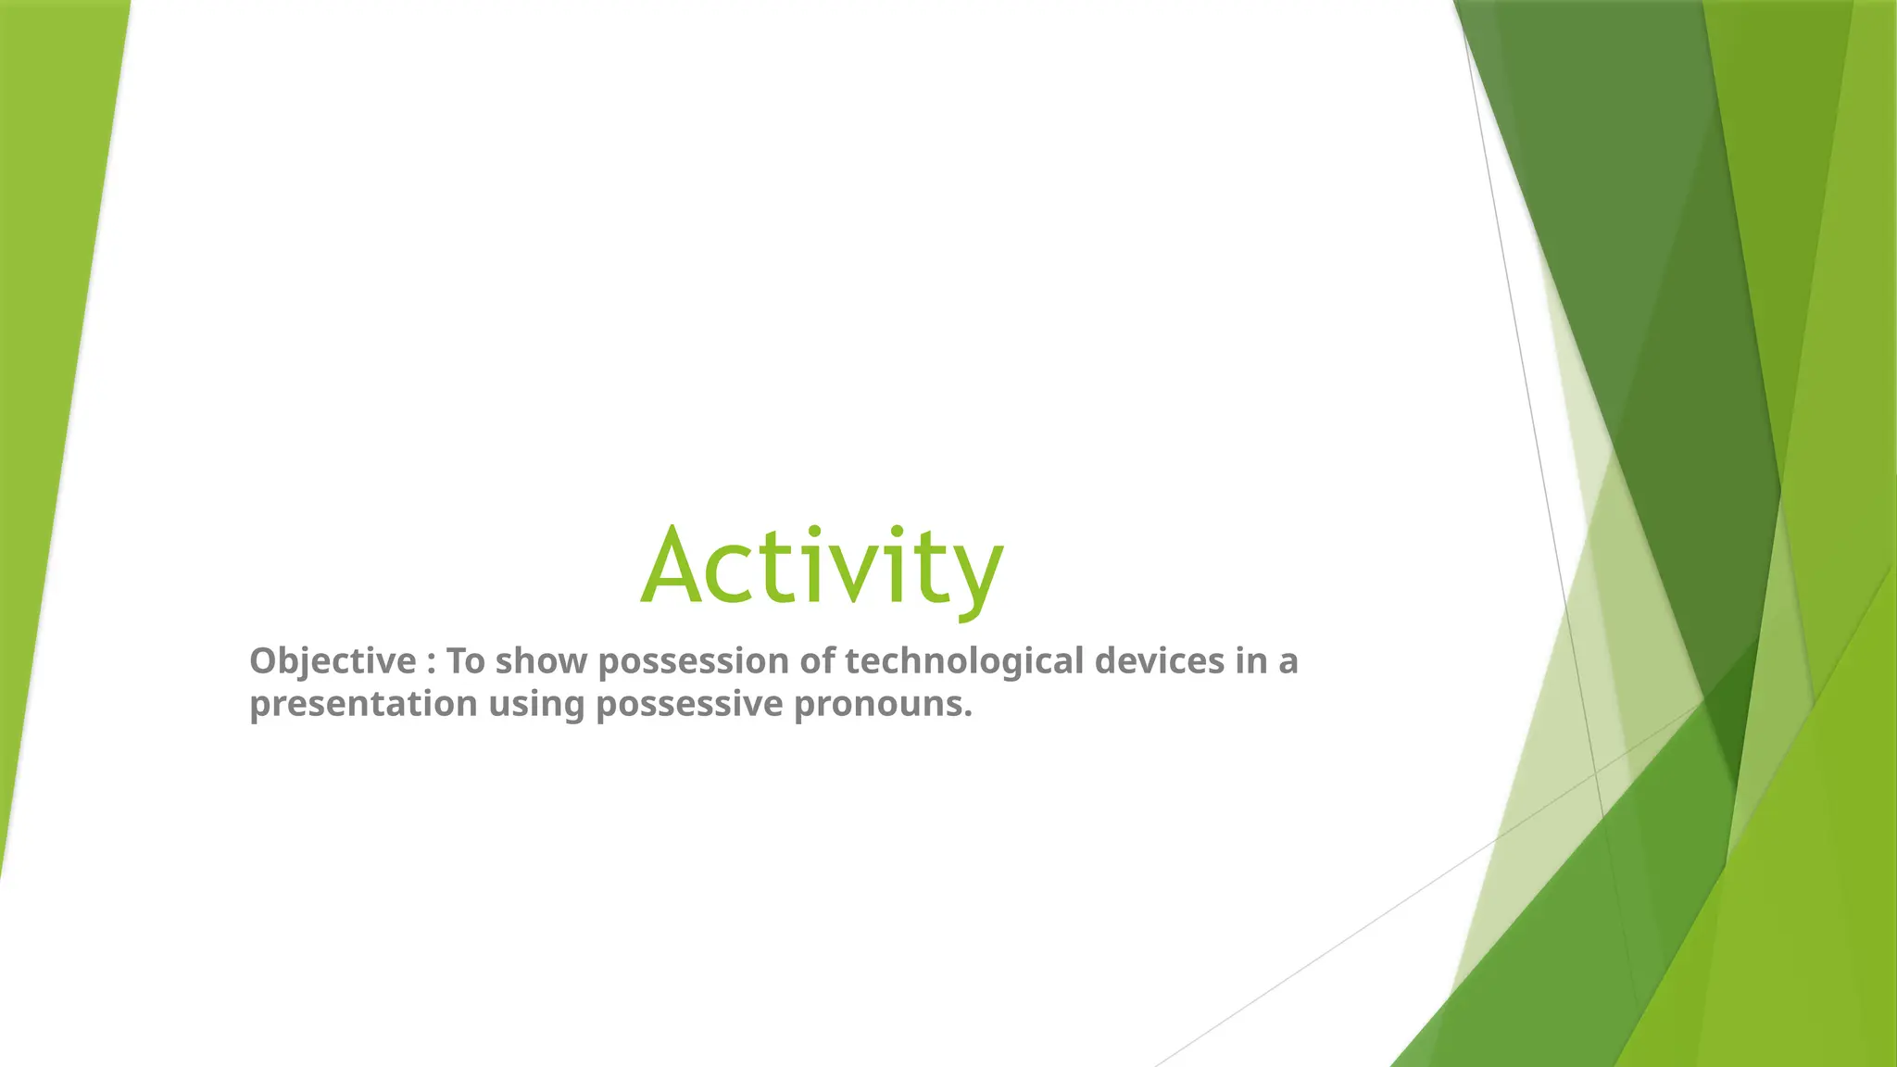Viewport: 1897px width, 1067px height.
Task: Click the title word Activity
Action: pos(822,565)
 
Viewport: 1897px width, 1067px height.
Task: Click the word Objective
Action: pos(333,661)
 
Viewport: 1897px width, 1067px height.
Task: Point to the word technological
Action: pos(964,661)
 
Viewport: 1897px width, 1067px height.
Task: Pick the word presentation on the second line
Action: pos(363,705)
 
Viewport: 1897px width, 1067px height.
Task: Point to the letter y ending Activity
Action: pos(980,579)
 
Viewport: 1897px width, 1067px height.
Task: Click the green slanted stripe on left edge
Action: pos(56,370)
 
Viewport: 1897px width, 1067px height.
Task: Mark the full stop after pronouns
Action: pos(968,716)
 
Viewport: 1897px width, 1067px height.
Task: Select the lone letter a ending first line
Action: pos(1288,664)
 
